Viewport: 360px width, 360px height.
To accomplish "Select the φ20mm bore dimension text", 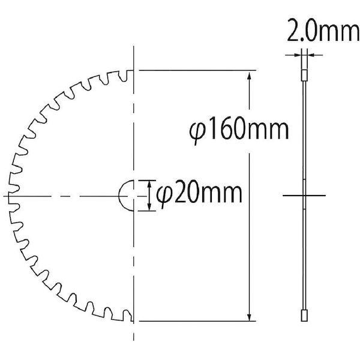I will (x=198, y=194).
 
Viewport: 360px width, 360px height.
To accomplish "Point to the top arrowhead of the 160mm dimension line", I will (x=250, y=76).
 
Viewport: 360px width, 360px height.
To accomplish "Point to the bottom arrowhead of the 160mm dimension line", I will (x=250, y=316).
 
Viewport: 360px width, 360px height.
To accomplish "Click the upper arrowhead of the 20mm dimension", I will (x=149, y=184).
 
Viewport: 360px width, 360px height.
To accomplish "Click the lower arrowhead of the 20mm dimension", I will (x=149, y=207).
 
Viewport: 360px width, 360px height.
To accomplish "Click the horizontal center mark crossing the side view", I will (x=304, y=196).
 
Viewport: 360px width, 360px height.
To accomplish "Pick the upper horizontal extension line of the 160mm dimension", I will (x=198, y=70).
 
